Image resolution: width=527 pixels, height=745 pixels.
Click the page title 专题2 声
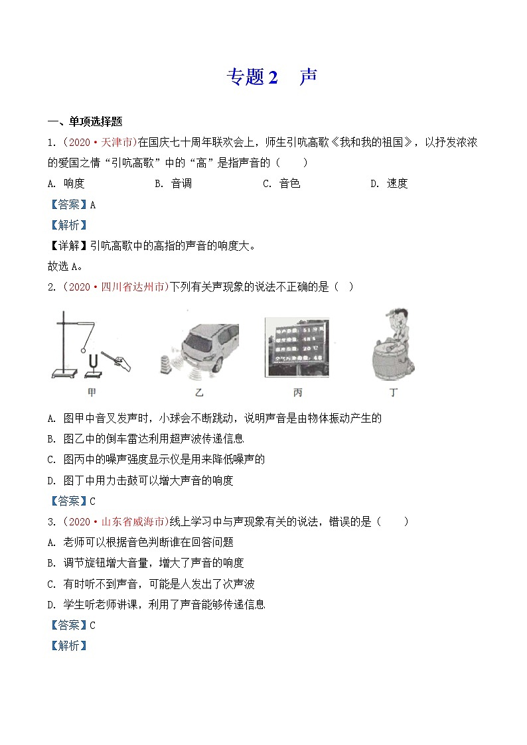click(x=271, y=77)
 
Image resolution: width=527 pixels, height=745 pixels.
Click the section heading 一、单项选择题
click(x=85, y=121)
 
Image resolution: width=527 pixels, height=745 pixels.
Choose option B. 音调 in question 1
click(x=173, y=184)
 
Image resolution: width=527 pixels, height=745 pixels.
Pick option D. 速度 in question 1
click(x=389, y=184)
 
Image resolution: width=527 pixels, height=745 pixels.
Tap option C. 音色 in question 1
click(x=281, y=184)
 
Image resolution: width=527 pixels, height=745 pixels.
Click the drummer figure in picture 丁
click(x=393, y=345)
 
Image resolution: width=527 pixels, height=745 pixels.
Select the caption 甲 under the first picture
click(x=92, y=393)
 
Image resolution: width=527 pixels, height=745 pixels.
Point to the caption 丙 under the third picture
click(x=297, y=393)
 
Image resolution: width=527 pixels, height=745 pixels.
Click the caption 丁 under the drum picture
click(x=394, y=393)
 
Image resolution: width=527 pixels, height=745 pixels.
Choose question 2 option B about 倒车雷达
click(x=146, y=439)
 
